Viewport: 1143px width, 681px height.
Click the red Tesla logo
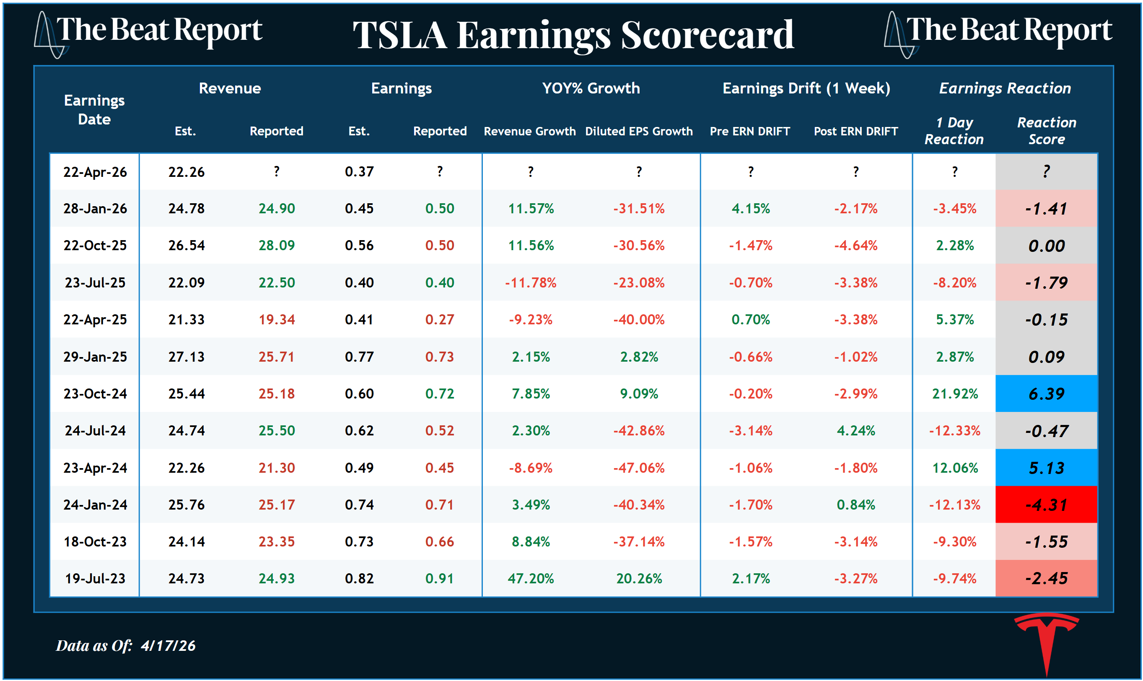[x=1046, y=636]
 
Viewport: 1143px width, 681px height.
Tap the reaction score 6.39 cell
[x=1046, y=394]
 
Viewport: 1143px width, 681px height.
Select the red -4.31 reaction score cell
[x=1046, y=505]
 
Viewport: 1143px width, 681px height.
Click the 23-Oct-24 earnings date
[x=95, y=394]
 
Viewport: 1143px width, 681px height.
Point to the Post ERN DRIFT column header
[x=855, y=131]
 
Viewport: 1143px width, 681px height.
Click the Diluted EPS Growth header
[x=639, y=131]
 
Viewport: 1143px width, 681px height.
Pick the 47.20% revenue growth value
[x=531, y=579]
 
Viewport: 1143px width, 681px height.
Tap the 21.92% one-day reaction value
[x=954, y=394]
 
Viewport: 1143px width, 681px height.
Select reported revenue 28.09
[x=276, y=246]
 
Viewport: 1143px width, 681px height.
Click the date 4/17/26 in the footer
[x=168, y=646]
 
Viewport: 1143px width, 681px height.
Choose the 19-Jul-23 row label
[x=95, y=579]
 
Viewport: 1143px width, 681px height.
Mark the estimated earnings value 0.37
[x=359, y=172]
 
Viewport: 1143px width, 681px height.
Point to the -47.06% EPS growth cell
[x=639, y=468]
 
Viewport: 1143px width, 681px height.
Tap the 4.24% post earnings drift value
[x=855, y=431]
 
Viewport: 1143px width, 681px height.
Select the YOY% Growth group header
[x=591, y=88]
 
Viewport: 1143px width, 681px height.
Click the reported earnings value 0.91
[x=439, y=579]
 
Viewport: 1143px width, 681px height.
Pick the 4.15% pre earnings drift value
[x=750, y=209]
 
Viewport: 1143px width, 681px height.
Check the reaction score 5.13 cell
[x=1046, y=468]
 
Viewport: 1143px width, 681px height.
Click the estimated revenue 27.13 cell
[x=186, y=357]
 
